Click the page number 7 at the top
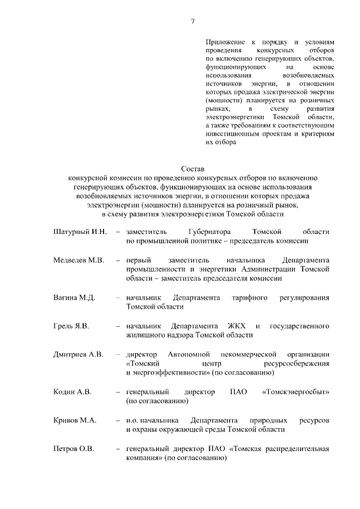coord(193,21)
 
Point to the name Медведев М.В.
coord(79,260)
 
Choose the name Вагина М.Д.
coord(74,298)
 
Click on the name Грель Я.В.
coord(72,326)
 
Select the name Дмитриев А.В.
coord(78,355)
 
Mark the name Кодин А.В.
coord(72,392)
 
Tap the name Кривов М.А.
coord(75,421)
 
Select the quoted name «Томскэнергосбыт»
coord(296,392)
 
